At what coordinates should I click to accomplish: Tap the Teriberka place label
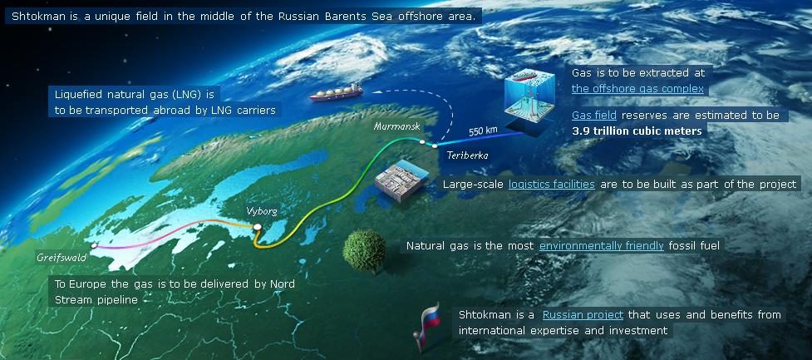pos(467,155)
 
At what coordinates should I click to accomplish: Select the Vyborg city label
pos(262,211)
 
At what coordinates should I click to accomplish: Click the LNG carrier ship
pos(336,93)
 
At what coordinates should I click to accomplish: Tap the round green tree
pos(364,251)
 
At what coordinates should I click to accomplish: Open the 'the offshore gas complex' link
pos(637,89)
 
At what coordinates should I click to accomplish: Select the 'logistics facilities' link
pos(552,184)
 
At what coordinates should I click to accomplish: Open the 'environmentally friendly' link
pos(601,245)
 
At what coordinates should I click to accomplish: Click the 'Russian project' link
pos(583,315)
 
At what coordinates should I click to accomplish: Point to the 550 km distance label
pos(483,131)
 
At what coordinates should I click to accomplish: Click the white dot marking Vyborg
pos(257,226)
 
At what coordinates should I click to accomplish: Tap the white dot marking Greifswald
pos(94,245)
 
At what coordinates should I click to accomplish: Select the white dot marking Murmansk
pos(422,141)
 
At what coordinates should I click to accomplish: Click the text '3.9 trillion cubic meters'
pos(637,131)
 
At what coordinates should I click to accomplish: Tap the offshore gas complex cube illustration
pos(529,98)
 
